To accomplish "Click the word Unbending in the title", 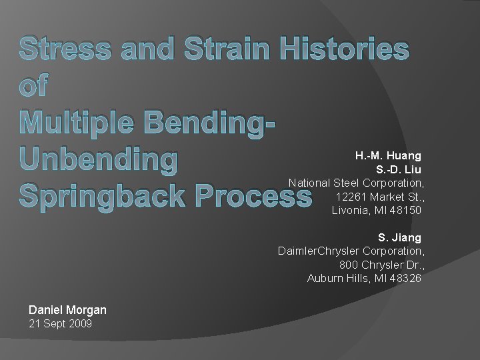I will click(x=99, y=161).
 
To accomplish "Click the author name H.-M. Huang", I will click(x=388, y=156).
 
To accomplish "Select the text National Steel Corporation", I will click(x=356, y=183).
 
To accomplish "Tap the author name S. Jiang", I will click(x=399, y=237).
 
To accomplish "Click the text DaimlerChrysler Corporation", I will click(x=350, y=251).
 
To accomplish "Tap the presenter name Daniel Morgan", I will click(x=67, y=310).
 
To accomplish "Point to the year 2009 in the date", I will click(x=80, y=324).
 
